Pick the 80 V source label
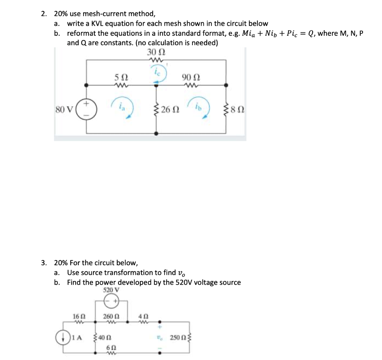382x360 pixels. click(x=64, y=110)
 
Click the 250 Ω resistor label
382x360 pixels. click(x=178, y=338)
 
